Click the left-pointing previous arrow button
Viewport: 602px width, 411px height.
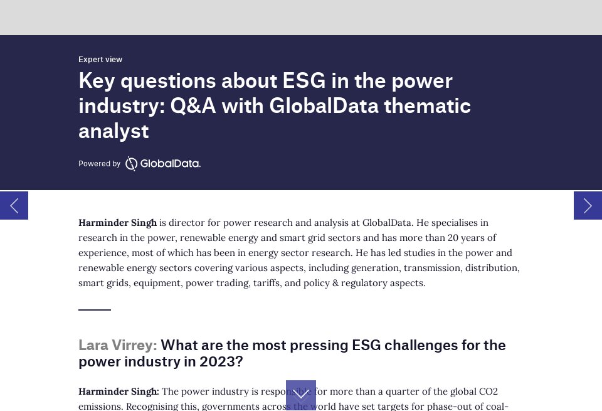(x=14, y=205)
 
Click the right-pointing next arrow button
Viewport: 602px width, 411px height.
(x=588, y=205)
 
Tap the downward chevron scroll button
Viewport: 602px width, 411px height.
(x=301, y=395)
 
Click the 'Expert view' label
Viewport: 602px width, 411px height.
(x=100, y=60)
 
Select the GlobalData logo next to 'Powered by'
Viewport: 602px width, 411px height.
(x=163, y=164)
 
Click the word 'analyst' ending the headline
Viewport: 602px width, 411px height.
(x=114, y=131)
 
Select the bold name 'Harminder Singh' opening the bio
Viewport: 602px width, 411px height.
(x=117, y=223)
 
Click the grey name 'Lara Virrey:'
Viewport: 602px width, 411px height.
(x=117, y=345)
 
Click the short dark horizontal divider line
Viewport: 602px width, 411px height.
(x=95, y=309)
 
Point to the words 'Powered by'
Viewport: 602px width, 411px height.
(x=99, y=164)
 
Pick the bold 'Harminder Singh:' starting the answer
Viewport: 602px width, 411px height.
(x=119, y=392)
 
